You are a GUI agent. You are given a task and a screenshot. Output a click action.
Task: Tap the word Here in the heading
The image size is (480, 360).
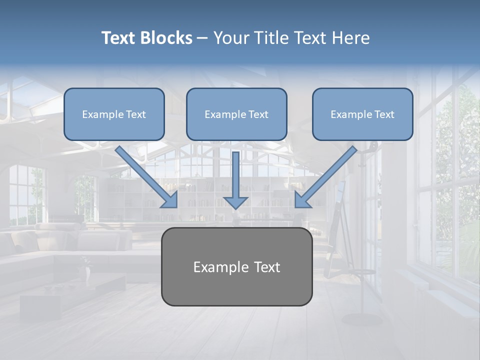pyautogui.click(x=350, y=38)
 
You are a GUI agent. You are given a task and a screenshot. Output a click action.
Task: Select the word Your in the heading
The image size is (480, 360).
pyautogui.click(x=231, y=38)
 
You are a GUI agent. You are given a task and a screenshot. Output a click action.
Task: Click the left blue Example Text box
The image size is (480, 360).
pyautogui.click(x=114, y=114)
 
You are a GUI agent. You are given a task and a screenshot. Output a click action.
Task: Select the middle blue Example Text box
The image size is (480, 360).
pyautogui.click(x=236, y=114)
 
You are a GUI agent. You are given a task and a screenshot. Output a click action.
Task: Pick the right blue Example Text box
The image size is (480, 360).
pyautogui.click(x=362, y=114)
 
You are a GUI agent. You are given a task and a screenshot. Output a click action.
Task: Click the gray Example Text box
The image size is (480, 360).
pyautogui.click(x=236, y=266)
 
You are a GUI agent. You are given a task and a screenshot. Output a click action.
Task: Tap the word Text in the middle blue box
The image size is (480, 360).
pyautogui.click(x=258, y=114)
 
